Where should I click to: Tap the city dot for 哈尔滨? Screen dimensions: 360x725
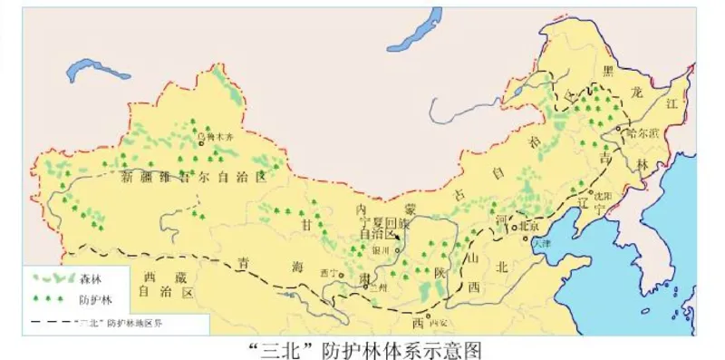pyautogui.click(x=619, y=131)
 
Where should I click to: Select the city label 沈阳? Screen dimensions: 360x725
pyautogui.click(x=600, y=194)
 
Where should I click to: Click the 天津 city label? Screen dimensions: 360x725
pyautogui.click(x=542, y=243)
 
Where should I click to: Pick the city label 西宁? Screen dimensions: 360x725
pyautogui.click(x=329, y=272)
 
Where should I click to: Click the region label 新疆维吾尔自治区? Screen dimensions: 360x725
pyautogui.click(x=194, y=178)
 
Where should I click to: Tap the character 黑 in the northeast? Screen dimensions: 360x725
pyautogui.click(x=609, y=70)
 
